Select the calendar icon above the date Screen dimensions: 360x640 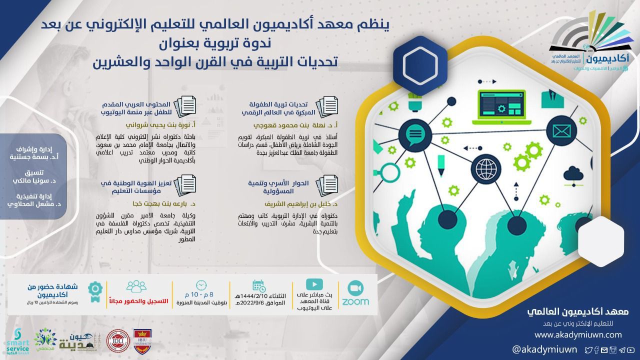click(x=259, y=285)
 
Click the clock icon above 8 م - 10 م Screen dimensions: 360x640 click(x=201, y=285)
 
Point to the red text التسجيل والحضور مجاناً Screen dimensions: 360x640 click(x=136, y=301)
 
